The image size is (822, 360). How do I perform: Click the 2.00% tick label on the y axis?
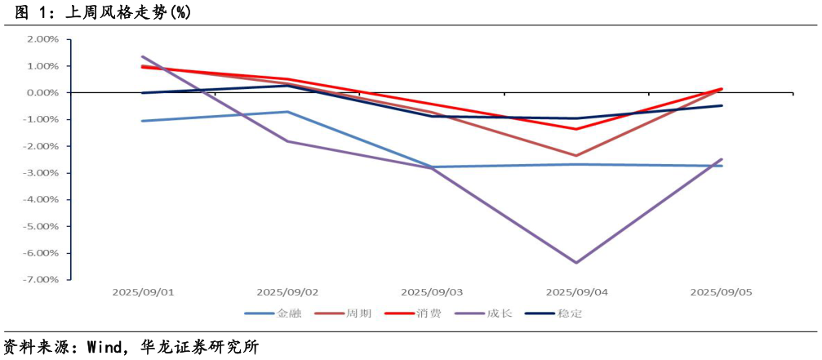(42, 39)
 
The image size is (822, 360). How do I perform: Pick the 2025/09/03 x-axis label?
(432, 291)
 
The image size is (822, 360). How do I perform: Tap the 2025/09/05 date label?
(721, 291)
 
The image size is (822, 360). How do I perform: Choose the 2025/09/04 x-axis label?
(576, 291)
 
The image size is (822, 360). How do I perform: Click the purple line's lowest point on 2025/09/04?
(576, 263)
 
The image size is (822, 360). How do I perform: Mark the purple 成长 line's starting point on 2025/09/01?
(143, 57)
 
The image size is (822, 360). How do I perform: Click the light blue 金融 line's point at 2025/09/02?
(287, 112)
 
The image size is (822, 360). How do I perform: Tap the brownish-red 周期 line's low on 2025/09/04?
(576, 156)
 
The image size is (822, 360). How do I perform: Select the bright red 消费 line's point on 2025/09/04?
(576, 129)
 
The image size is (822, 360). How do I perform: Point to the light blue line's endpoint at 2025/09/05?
(722, 166)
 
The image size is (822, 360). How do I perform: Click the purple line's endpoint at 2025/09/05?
(722, 159)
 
